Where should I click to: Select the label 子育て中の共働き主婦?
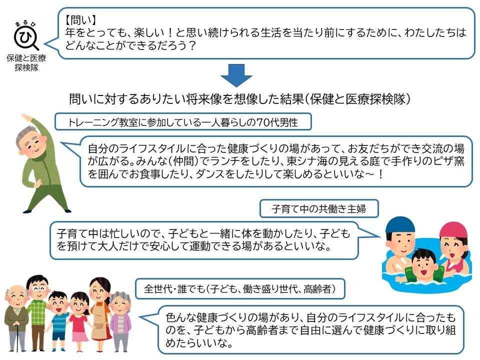[318, 208]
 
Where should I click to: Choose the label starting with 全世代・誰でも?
[240, 288]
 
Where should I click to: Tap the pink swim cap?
[453, 230]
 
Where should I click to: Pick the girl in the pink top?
[79, 317]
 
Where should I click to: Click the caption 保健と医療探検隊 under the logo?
[25, 62]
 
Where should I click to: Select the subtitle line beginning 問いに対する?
[240, 99]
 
